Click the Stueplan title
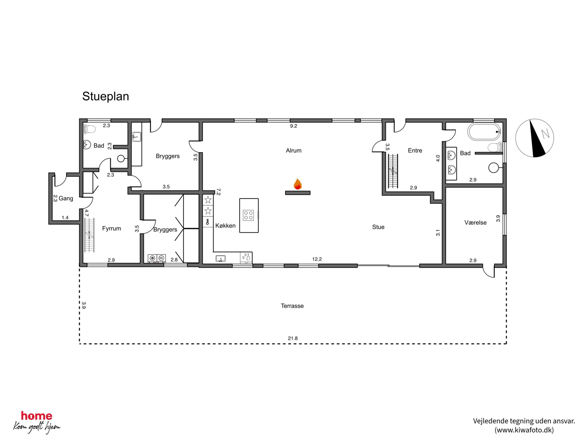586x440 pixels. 105,96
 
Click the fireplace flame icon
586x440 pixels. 297,184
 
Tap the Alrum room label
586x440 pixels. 294,151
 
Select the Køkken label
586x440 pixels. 225,226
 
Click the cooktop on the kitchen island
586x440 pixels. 248,215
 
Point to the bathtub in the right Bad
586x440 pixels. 484,132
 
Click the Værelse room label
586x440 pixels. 475,223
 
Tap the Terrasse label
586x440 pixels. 292,306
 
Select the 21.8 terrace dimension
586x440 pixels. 293,338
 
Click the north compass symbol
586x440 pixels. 535,138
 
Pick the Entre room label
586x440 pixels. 415,151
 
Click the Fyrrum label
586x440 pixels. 111,228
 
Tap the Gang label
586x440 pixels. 66,198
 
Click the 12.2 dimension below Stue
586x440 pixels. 317,259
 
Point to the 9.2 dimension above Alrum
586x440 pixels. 293,126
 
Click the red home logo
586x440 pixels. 37,416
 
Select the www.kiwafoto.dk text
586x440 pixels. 524,430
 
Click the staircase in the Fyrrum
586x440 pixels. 89,235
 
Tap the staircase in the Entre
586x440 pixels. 393,171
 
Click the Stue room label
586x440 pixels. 378,227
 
